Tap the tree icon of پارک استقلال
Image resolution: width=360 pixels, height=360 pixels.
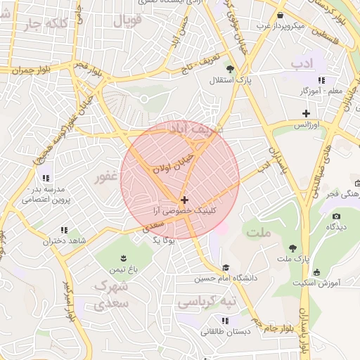point(230,68)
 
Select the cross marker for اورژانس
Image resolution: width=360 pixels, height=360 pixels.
point(306,113)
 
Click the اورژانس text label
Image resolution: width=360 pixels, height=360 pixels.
point(306,124)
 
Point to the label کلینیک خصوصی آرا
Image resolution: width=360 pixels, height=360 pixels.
point(184,210)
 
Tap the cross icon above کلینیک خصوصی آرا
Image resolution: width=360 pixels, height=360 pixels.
point(184,200)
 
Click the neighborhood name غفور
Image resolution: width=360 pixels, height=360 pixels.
point(109,177)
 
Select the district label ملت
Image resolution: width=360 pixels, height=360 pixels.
point(258,230)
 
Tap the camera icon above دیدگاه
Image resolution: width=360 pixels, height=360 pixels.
point(337,216)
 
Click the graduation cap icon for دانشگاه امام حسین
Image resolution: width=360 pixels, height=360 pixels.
point(226,268)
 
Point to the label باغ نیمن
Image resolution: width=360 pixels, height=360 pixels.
point(124,269)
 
